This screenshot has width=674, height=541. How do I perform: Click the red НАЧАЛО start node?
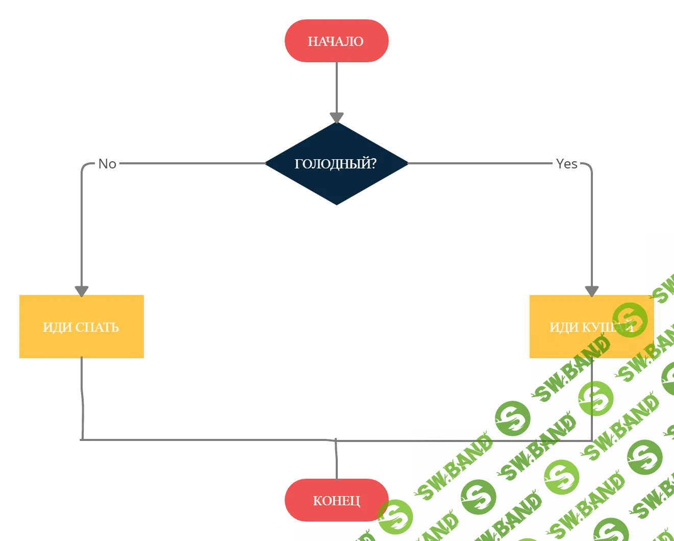coord(336,41)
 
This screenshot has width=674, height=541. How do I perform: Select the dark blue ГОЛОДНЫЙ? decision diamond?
coord(336,164)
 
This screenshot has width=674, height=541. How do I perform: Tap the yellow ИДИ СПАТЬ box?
coord(82,327)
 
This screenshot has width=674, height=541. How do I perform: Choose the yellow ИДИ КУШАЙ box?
coord(591,327)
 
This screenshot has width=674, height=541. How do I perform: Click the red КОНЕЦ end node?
coord(336,500)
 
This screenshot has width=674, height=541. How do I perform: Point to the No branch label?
coord(108,164)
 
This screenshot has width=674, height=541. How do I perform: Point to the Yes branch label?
coord(566,164)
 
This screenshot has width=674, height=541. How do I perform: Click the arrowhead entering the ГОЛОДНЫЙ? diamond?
coord(336,117)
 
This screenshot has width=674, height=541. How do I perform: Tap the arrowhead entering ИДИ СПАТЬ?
coord(82,290)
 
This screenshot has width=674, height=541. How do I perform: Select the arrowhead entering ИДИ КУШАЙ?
coord(591,290)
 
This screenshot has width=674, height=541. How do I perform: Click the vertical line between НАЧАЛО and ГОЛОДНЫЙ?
coord(336,87)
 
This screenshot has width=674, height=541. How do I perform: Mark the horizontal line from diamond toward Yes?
coord(480,164)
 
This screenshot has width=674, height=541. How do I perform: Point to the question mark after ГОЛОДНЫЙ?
coord(373,164)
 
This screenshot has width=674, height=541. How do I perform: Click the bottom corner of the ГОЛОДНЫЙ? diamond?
coord(336,204)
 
